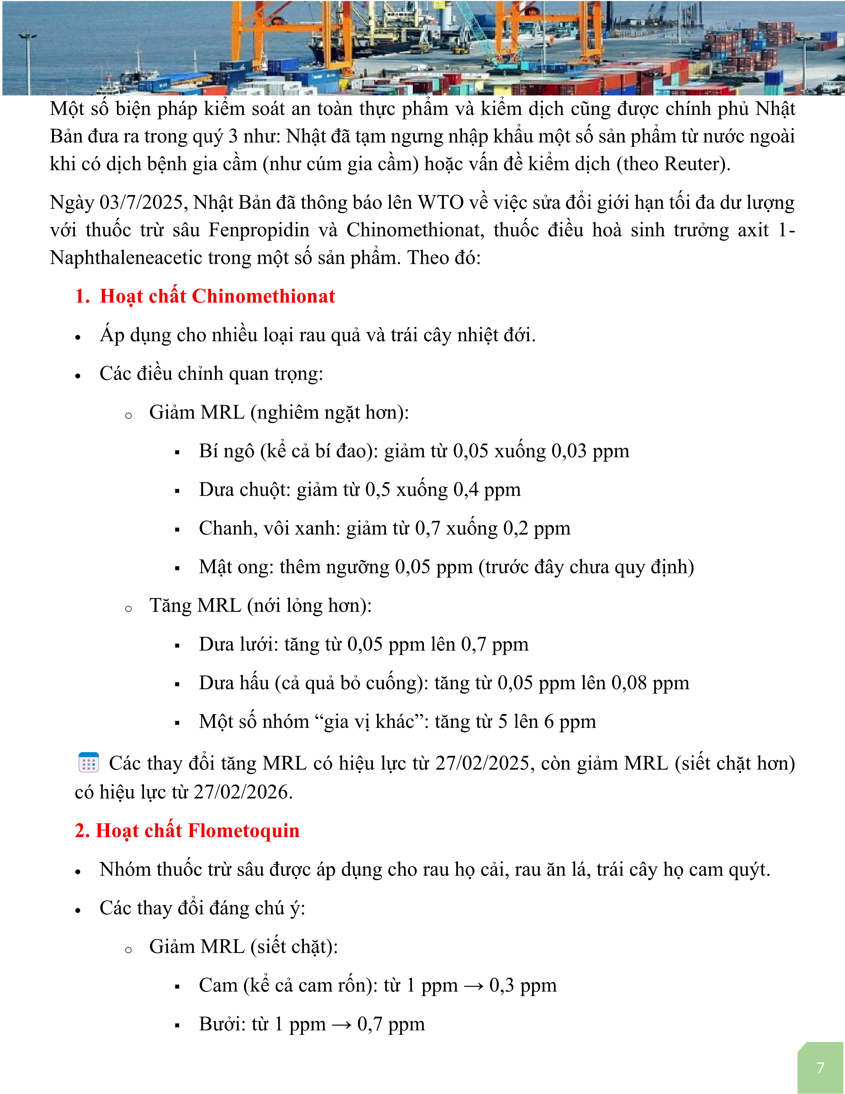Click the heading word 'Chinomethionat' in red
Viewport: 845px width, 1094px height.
tap(263, 296)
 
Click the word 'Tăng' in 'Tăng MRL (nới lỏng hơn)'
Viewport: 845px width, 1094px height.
tap(170, 606)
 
